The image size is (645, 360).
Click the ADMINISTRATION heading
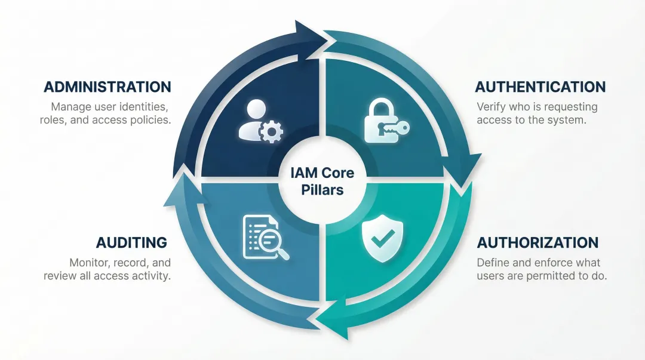tap(107, 87)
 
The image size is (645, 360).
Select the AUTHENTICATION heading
tap(540, 87)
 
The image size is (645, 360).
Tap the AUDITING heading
tap(131, 242)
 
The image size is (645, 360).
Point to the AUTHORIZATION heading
tap(537, 243)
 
